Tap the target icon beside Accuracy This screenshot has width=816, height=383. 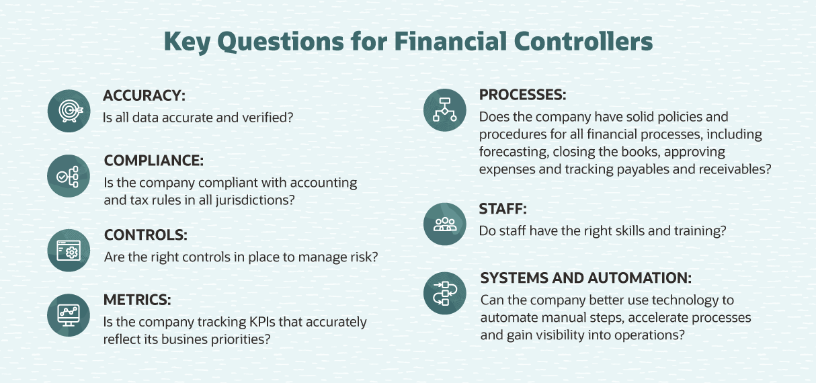coord(69,111)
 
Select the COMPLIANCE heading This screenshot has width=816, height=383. coord(153,161)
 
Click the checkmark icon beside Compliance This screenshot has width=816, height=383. coord(69,176)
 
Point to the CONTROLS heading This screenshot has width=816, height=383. coord(145,235)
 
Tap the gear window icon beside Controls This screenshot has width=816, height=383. coord(69,251)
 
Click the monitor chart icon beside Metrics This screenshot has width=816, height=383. coord(69,314)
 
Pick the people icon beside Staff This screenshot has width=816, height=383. coord(444,224)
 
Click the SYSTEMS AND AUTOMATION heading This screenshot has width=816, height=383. coord(585,278)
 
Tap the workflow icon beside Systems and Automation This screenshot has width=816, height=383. coord(444,294)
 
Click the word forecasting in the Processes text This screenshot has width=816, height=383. coord(512,152)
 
